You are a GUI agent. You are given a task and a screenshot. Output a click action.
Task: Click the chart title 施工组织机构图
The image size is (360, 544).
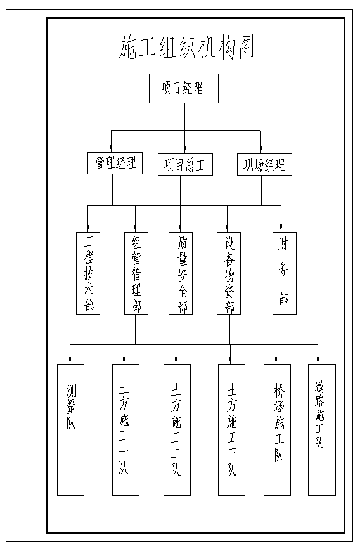coord(186,47)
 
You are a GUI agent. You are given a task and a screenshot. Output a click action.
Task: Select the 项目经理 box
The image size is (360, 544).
coord(184,89)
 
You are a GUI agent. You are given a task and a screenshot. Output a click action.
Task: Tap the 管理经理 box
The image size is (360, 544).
coord(115,163)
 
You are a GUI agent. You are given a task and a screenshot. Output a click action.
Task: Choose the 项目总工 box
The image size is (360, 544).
coord(185,164)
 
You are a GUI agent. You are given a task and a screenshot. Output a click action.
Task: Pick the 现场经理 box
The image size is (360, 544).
coord(265,164)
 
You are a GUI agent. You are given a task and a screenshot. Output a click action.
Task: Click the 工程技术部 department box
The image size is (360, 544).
coord(88,273)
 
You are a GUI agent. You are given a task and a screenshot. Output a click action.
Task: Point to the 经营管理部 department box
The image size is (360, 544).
coord(136,273)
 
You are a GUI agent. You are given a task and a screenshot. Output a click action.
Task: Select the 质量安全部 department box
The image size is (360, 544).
coord(181,273)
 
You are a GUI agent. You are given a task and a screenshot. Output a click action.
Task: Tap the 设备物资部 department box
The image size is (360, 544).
coord(229,273)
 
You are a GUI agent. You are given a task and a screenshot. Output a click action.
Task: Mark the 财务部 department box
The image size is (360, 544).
coord(285,273)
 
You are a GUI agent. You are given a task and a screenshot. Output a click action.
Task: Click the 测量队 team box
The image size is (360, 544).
coord(71,429)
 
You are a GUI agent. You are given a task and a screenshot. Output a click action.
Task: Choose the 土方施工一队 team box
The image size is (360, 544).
coord(126,429)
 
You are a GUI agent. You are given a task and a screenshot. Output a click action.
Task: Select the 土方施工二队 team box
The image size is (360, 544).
coord(177,429)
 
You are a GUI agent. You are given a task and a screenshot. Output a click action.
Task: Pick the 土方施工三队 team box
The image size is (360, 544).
coord(232,429)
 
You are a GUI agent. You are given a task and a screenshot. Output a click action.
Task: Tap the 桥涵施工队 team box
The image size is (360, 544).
coord(278,429)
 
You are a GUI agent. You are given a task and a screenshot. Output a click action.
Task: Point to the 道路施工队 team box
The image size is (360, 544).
coord(322,429)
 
